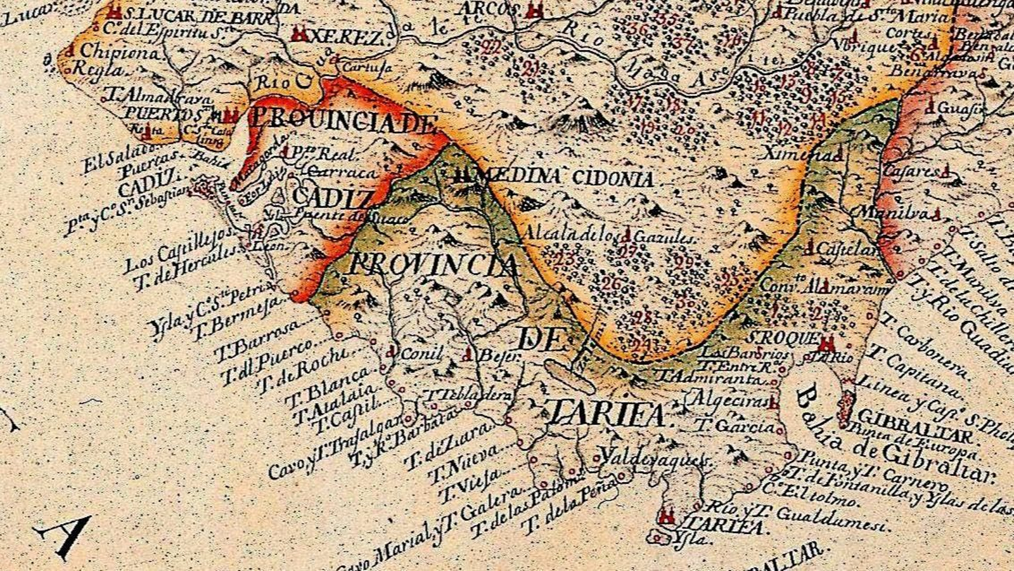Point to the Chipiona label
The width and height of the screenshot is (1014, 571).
pos(120,52)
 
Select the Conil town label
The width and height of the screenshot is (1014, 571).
pos(421,355)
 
